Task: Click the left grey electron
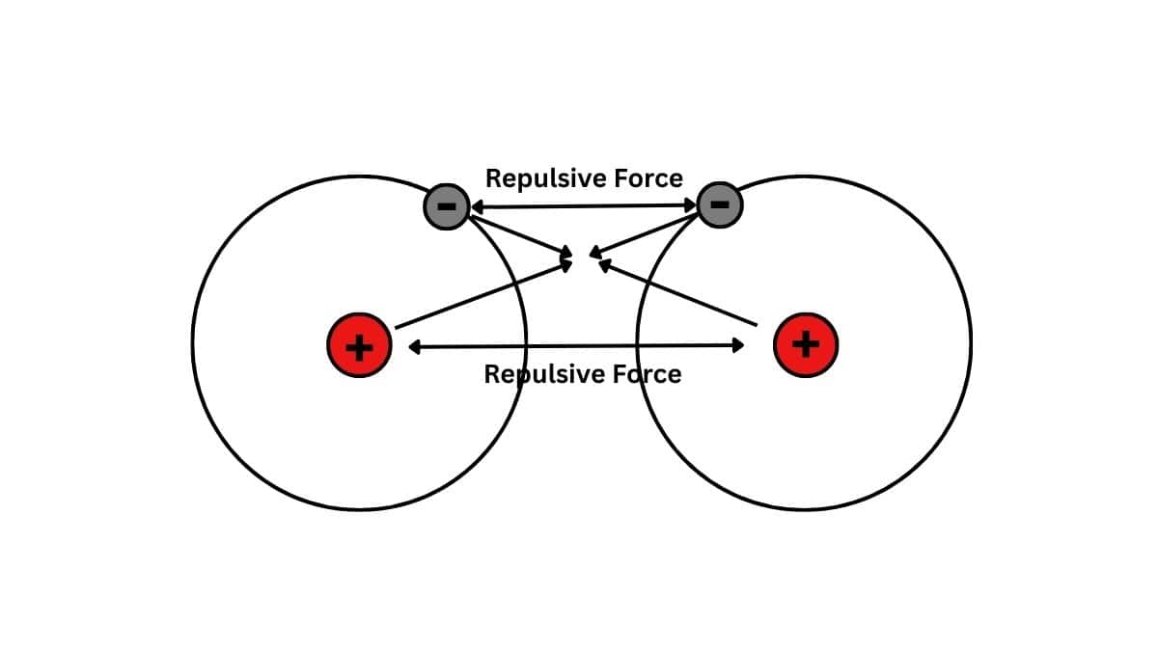tap(447, 205)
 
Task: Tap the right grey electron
tap(719, 204)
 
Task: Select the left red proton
tap(359, 345)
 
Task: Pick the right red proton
tap(806, 344)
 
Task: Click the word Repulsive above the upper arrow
tap(534, 178)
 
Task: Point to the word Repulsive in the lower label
tap(533, 374)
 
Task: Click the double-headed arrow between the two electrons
tap(584, 205)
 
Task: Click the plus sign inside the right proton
tap(806, 344)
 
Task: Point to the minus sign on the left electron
tap(446, 205)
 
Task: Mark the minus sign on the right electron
tap(719, 203)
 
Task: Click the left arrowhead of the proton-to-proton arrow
tap(413, 346)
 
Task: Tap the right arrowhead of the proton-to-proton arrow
tap(739, 345)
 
